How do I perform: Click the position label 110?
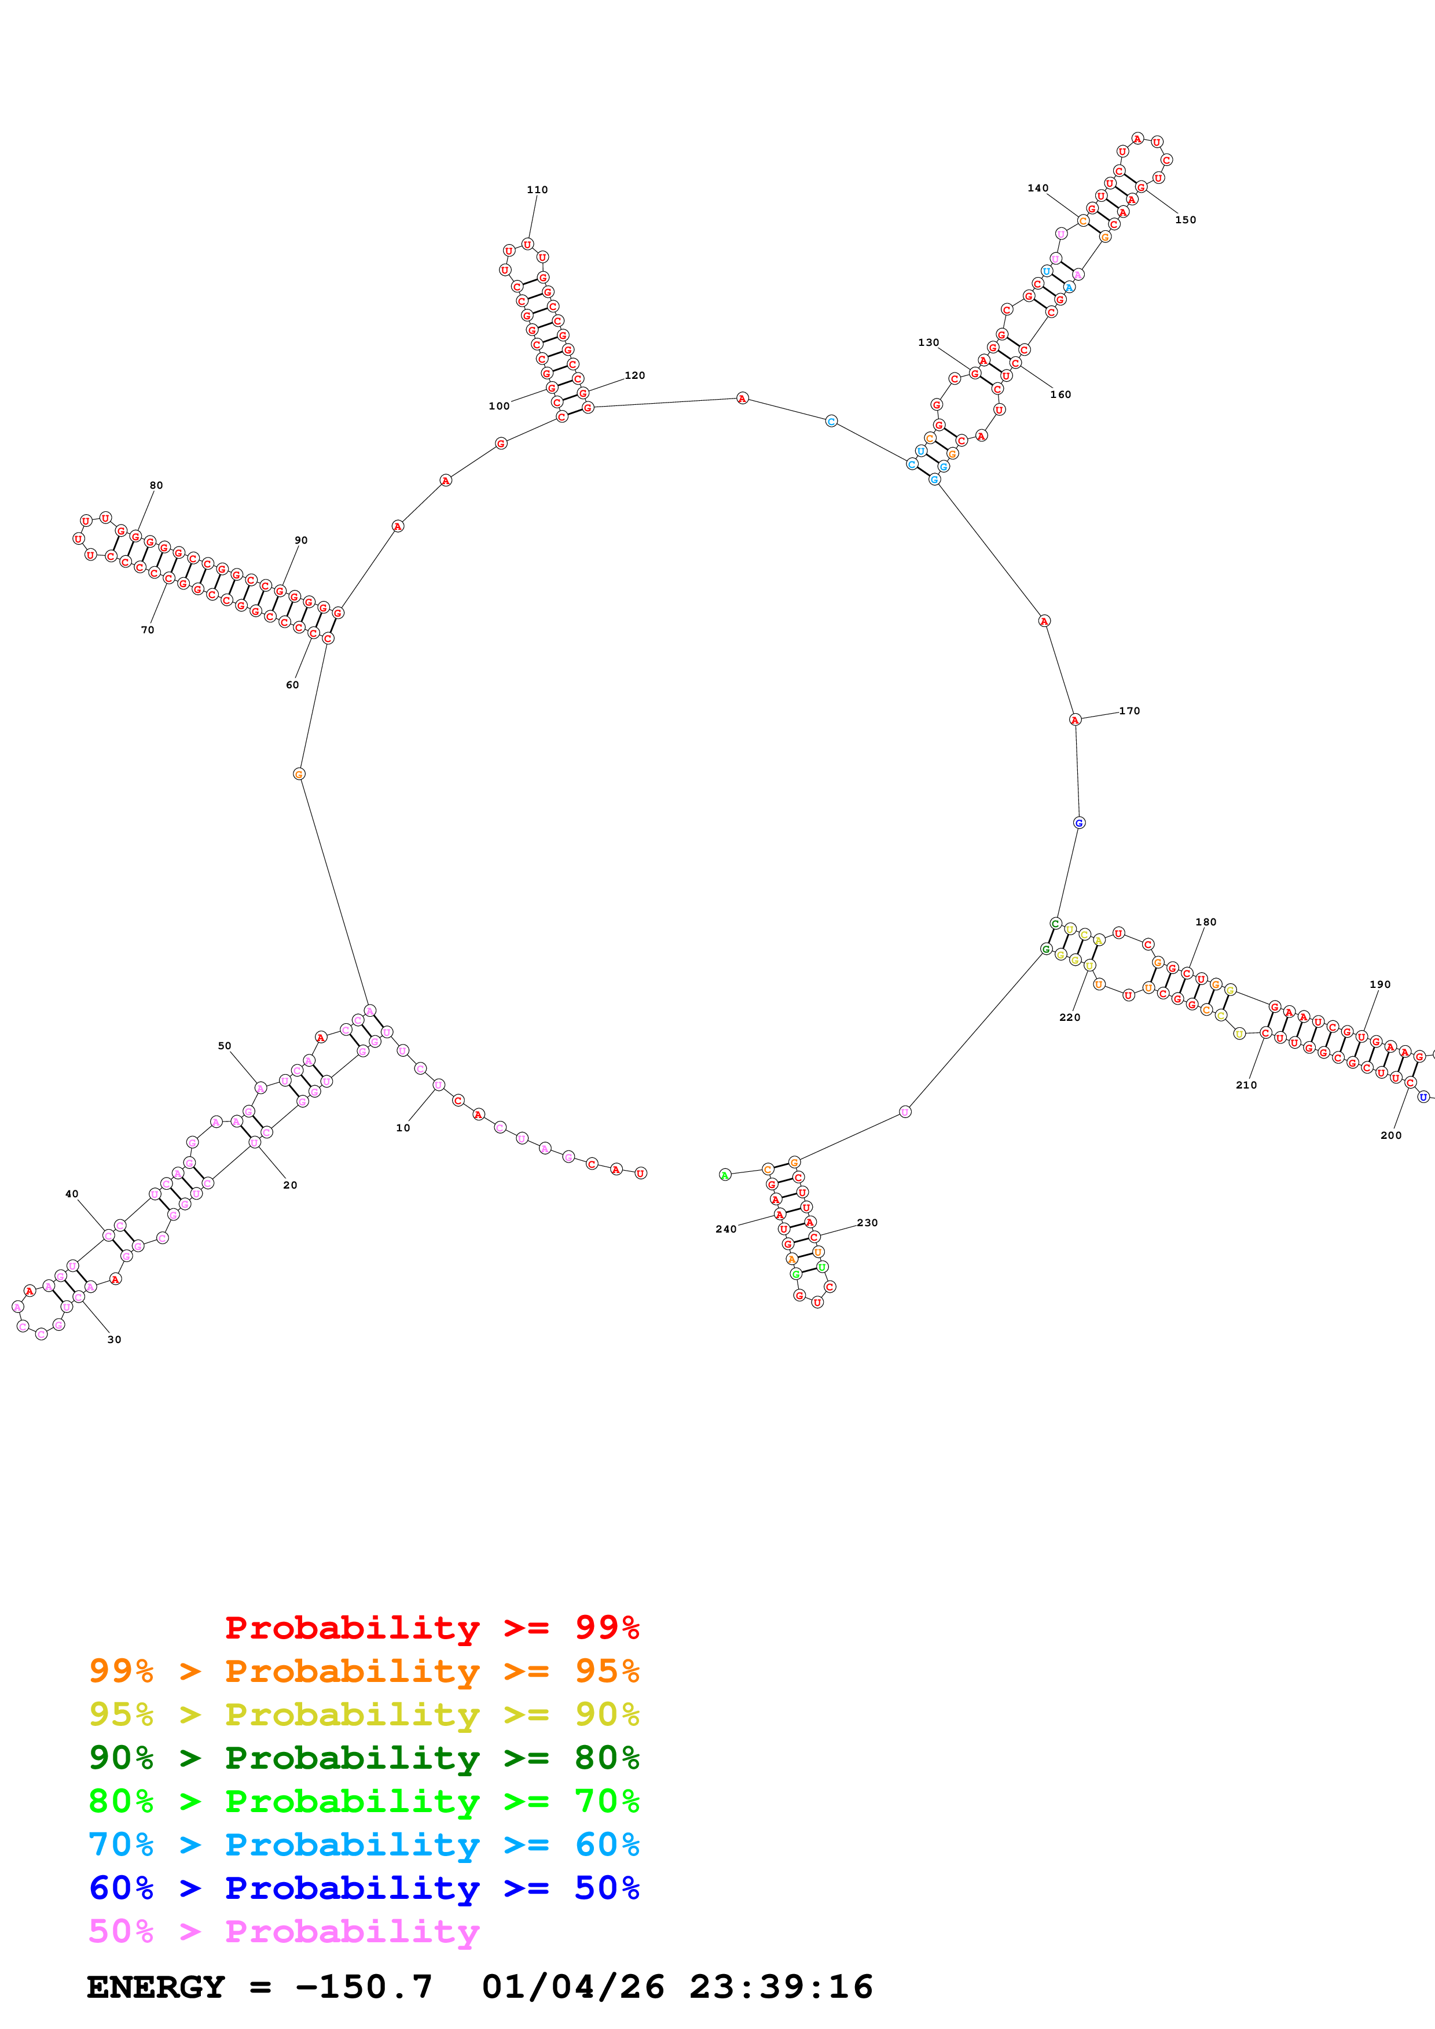pos(537,190)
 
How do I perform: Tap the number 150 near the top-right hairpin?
pos(1185,220)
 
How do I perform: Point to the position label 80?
pos(156,485)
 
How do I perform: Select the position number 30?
pos(114,1340)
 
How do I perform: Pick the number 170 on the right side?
pos(1129,710)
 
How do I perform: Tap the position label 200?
pos(1391,1135)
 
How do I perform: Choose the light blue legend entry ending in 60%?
pos(364,1844)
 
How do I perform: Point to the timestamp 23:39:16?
pos(781,1987)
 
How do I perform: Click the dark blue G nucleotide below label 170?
pos(1078,822)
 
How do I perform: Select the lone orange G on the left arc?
pos(299,774)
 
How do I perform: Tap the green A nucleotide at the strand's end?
pos(725,1175)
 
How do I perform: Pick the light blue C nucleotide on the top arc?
pos(831,420)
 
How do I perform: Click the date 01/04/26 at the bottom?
pos(573,1987)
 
